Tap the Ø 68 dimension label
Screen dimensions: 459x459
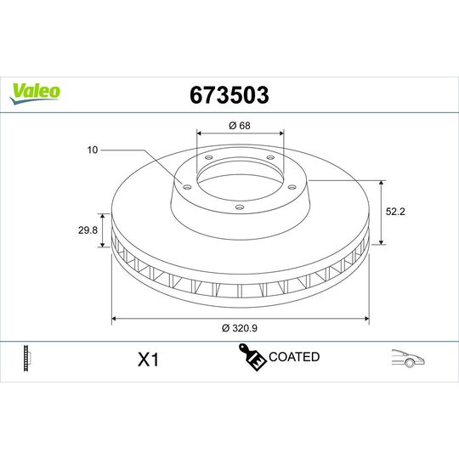point(239,127)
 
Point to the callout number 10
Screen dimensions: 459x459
point(93,150)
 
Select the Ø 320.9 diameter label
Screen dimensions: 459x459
point(240,328)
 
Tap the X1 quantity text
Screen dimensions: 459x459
point(149,360)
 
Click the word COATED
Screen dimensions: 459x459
point(293,357)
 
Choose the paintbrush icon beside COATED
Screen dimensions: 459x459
point(252,359)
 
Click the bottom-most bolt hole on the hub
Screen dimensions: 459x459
point(239,206)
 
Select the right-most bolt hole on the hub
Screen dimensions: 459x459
point(288,189)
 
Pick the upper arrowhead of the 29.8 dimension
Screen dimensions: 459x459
point(110,213)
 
